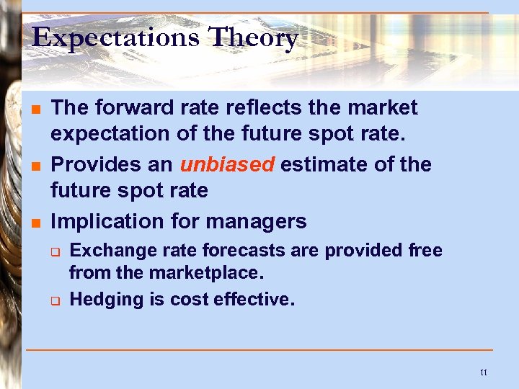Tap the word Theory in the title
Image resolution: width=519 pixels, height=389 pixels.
click(253, 37)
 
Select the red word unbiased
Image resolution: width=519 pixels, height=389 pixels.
click(227, 164)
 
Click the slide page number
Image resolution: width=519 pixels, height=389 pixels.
click(483, 372)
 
